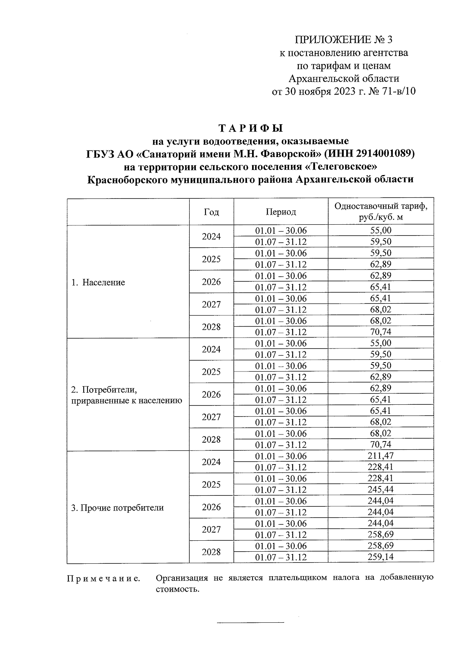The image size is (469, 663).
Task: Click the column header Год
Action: [211, 212]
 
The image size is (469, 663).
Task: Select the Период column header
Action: [281, 212]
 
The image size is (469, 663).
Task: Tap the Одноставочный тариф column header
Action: [381, 211]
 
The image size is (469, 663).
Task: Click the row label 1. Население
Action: [98, 282]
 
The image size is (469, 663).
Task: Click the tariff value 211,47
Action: [381, 456]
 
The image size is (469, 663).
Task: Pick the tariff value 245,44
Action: [381, 490]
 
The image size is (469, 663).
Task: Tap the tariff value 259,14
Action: [381, 557]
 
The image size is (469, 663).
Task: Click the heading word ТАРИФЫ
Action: [250, 128]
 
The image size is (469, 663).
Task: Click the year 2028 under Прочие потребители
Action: [211, 552]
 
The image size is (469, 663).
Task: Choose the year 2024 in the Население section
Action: [211, 236]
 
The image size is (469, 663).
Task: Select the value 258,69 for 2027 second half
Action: [381, 534]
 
